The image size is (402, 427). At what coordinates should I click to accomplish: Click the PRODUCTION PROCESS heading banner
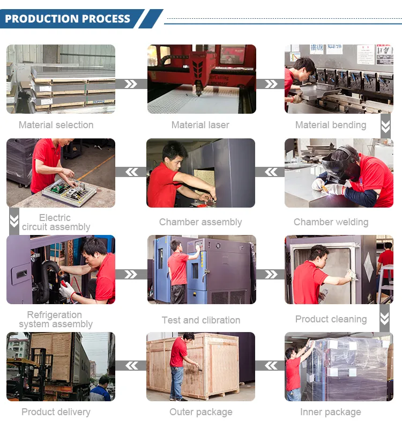pos(68,19)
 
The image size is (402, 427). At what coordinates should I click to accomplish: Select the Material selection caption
pos(56,125)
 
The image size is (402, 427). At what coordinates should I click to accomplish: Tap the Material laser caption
pos(200,125)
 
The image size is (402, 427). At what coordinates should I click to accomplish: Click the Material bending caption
pos(331,125)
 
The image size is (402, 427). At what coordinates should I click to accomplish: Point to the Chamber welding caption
pos(331,222)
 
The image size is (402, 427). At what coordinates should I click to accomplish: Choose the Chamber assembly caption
pos(200,222)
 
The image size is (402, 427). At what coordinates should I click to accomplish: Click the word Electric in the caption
pos(55,218)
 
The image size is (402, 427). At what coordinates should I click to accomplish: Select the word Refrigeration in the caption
pos(55,315)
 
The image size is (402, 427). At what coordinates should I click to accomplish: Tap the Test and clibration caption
pos(201,320)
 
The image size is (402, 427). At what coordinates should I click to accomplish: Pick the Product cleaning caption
pos(331,319)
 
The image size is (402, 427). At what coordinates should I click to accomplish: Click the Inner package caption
pos(331,412)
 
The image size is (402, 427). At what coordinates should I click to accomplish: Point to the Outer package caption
pos(201,412)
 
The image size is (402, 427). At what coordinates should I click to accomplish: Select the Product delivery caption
pos(56,412)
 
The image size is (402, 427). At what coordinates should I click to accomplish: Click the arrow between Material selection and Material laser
pos(131,84)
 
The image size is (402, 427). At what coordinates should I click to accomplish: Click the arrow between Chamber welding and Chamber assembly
pos(270,172)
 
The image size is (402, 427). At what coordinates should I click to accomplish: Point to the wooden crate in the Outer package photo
pos(214,365)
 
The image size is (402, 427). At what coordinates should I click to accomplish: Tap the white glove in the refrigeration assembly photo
pos(67,289)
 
